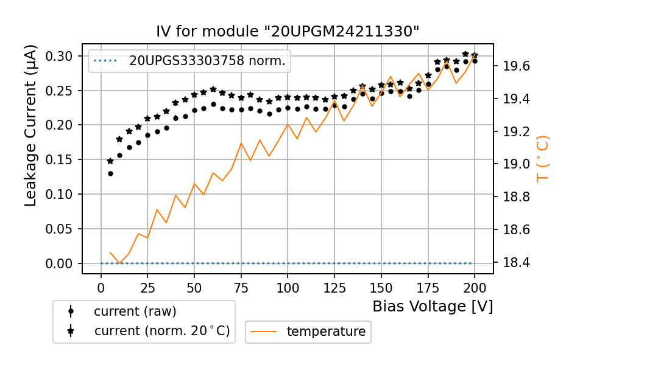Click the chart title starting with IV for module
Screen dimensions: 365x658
288,32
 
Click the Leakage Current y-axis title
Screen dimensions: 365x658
31,125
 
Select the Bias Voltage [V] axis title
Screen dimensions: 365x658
433,306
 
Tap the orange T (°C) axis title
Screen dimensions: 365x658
542,159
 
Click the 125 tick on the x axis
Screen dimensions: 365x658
334,287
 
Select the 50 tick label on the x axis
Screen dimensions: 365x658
194,287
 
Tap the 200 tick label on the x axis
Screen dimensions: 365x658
474,287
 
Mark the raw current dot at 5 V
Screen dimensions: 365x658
110,173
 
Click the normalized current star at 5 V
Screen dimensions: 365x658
110,161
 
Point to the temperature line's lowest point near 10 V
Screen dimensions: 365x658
120,263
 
